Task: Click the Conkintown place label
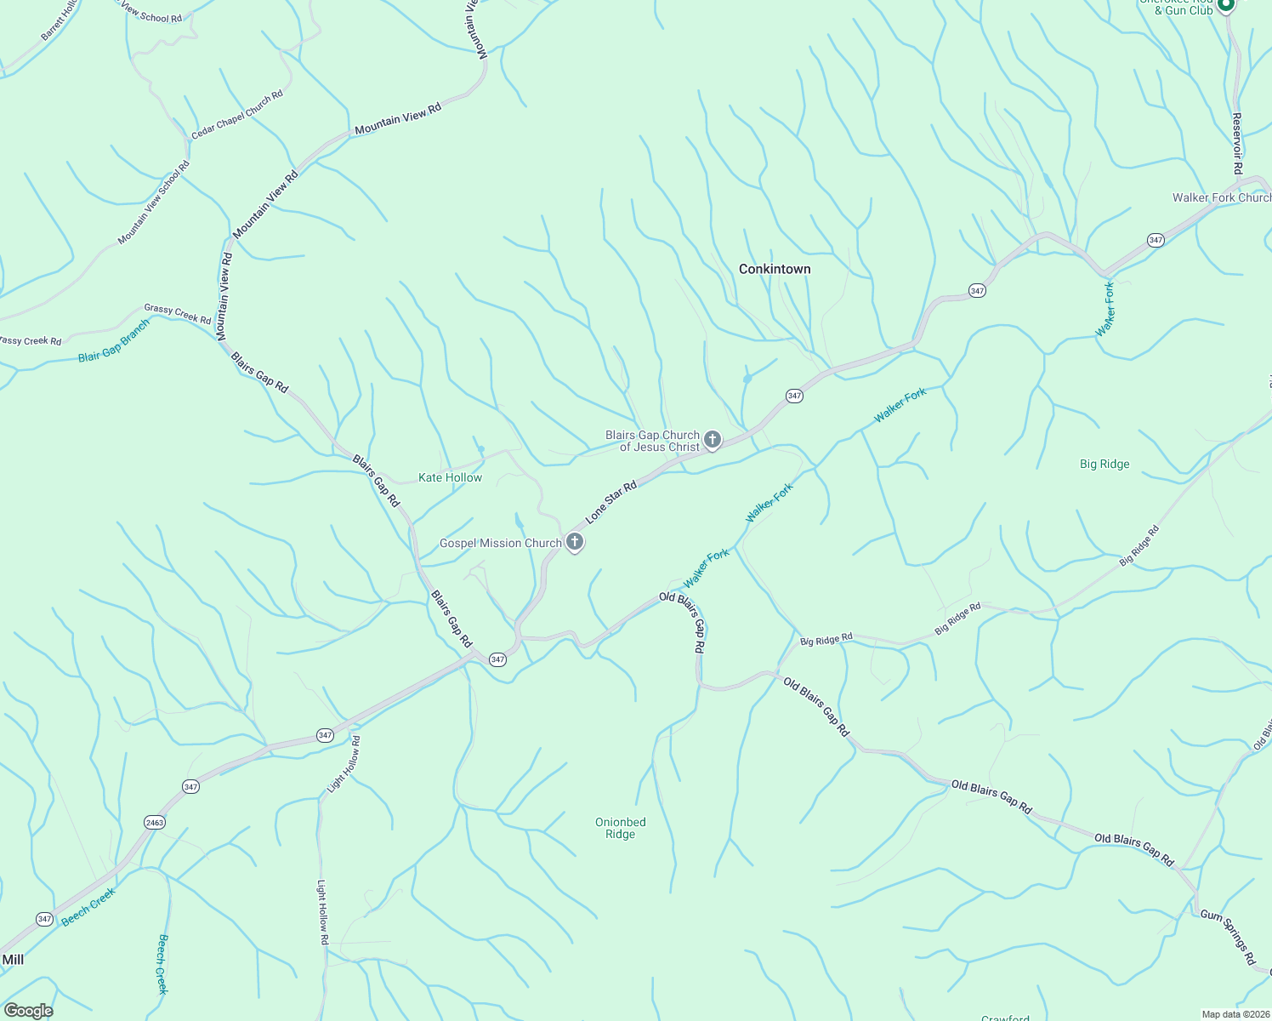click(x=775, y=269)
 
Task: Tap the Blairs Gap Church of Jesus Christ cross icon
click(x=713, y=440)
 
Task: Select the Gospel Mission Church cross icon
click(x=575, y=542)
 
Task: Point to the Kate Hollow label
click(x=450, y=477)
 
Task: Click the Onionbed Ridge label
click(x=620, y=828)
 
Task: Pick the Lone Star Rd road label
click(x=610, y=502)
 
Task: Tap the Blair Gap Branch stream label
click(x=114, y=341)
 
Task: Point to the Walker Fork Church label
click(x=1221, y=197)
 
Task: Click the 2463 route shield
click(x=155, y=822)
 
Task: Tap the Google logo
click(x=28, y=1010)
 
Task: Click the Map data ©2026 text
click(x=1235, y=1014)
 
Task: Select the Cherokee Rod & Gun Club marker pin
click(x=1225, y=5)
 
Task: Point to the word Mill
click(x=13, y=960)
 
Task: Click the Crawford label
click(x=1005, y=1018)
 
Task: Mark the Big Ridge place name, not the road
click(x=1104, y=464)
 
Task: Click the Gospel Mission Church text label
click(x=500, y=543)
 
